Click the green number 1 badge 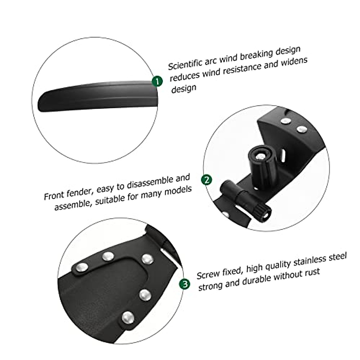pos(157,81)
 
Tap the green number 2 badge pos(207,180)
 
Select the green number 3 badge pos(185,284)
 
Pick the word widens pos(294,62)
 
